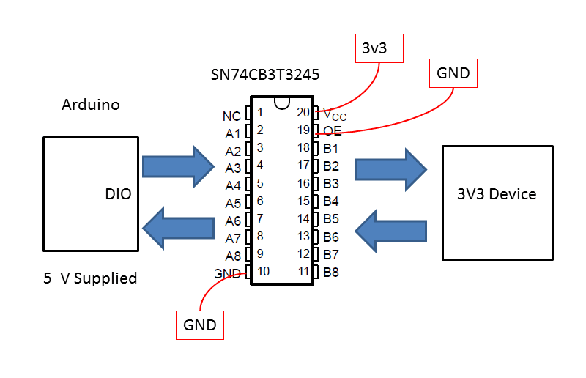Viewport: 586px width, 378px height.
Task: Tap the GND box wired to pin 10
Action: (200, 325)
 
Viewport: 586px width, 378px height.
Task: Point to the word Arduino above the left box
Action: (90, 105)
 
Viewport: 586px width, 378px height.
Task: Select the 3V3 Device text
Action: (497, 194)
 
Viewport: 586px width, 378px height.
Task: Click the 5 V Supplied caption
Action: (90, 278)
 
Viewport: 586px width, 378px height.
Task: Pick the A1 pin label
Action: (233, 134)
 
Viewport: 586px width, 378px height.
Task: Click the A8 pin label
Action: (233, 256)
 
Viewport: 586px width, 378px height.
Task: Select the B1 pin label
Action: (331, 148)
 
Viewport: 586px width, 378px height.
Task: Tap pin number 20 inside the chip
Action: (303, 113)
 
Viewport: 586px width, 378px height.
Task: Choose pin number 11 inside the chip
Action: (303, 272)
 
